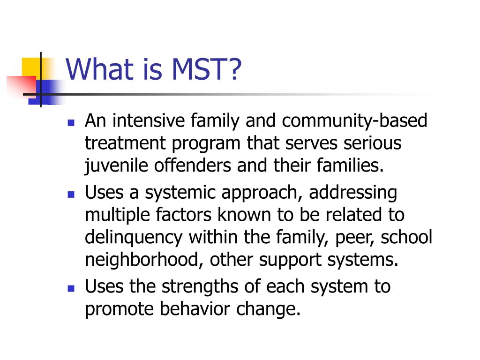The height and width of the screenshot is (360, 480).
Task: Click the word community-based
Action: (354, 121)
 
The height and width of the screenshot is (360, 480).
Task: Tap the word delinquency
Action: (133, 238)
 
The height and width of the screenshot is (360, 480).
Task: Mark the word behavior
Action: (182, 309)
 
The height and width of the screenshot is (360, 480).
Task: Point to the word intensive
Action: (150, 121)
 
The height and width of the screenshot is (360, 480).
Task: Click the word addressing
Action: (352, 192)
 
